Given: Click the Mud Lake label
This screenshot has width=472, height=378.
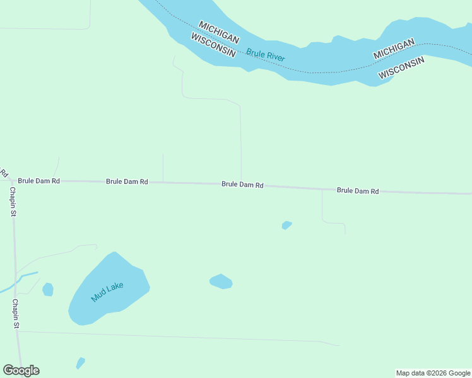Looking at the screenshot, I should pyautogui.click(x=107, y=292).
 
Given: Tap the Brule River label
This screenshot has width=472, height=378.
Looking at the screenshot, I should pyautogui.click(x=266, y=55).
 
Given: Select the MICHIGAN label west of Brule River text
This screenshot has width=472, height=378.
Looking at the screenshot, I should pyautogui.click(x=219, y=33).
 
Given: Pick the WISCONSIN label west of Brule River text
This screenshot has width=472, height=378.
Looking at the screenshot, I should pyautogui.click(x=213, y=45).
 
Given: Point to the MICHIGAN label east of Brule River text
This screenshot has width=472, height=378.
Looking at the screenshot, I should pyautogui.click(x=394, y=49).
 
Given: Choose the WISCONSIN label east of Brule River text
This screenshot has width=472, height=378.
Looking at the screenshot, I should pyautogui.click(x=401, y=67).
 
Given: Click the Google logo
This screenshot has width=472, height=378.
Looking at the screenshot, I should pyautogui.click(x=21, y=370).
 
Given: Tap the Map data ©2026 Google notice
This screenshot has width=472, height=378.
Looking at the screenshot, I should pyautogui.click(x=433, y=373).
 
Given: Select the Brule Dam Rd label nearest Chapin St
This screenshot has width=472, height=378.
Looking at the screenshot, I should pyautogui.click(x=38, y=181).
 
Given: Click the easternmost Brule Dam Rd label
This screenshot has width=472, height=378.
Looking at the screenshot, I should pyautogui.click(x=358, y=190).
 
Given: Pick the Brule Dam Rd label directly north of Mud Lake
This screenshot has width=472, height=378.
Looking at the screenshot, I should pyautogui.click(x=127, y=181).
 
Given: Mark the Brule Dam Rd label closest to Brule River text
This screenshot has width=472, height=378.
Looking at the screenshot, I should pyautogui.click(x=242, y=185).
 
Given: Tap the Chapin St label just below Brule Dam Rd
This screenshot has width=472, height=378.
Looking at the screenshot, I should pyautogui.click(x=13, y=202).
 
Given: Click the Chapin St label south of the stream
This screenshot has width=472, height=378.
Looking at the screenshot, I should pyautogui.click(x=15, y=314).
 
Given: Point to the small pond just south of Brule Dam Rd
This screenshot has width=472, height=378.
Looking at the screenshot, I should pyautogui.click(x=286, y=225).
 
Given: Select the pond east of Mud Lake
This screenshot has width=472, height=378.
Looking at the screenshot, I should pyautogui.click(x=221, y=282).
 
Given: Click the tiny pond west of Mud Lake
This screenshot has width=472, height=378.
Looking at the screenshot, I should pyautogui.click(x=48, y=289).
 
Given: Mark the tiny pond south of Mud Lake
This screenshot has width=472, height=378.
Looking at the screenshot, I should pyautogui.click(x=80, y=363).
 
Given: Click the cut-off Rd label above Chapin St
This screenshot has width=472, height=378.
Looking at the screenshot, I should pyautogui.click(x=3, y=173).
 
